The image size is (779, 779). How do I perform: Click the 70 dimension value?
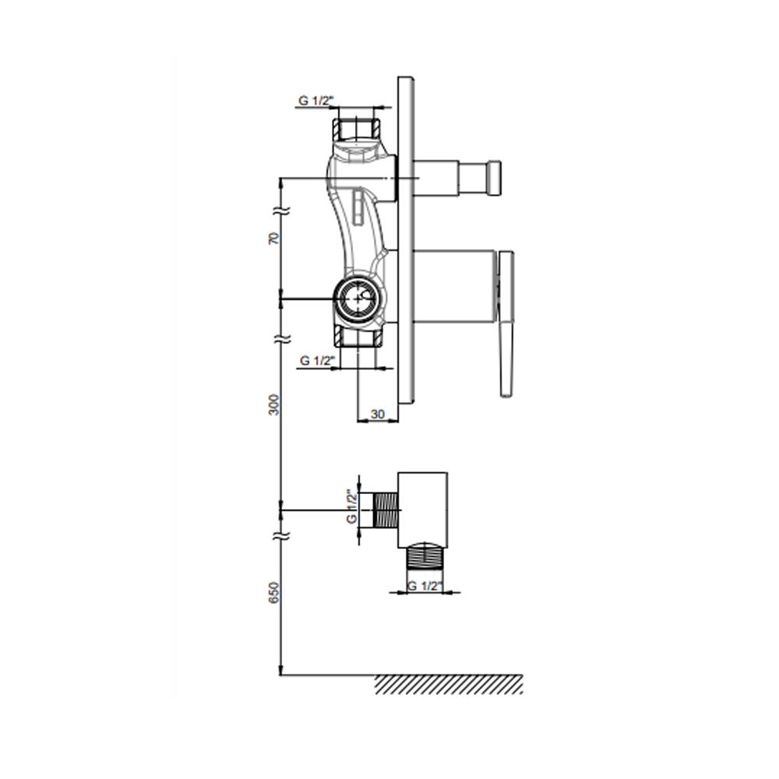click(x=273, y=238)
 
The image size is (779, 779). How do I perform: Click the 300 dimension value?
click(x=273, y=405)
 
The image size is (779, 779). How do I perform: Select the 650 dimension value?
click(x=273, y=593)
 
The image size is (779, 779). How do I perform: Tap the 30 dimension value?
click(x=378, y=414)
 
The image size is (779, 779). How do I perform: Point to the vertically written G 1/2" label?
click(x=352, y=507)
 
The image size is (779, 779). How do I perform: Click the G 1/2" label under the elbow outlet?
click(x=425, y=586)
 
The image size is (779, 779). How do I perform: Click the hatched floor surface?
click(x=449, y=684)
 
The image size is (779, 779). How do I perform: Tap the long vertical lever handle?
click(x=506, y=324)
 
